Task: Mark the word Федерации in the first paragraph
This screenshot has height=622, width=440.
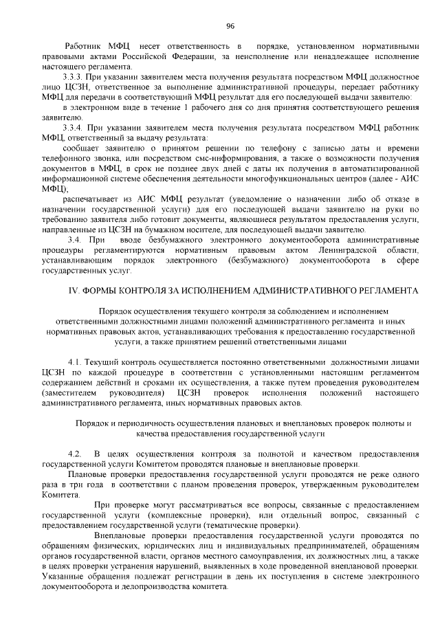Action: [186, 56]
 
